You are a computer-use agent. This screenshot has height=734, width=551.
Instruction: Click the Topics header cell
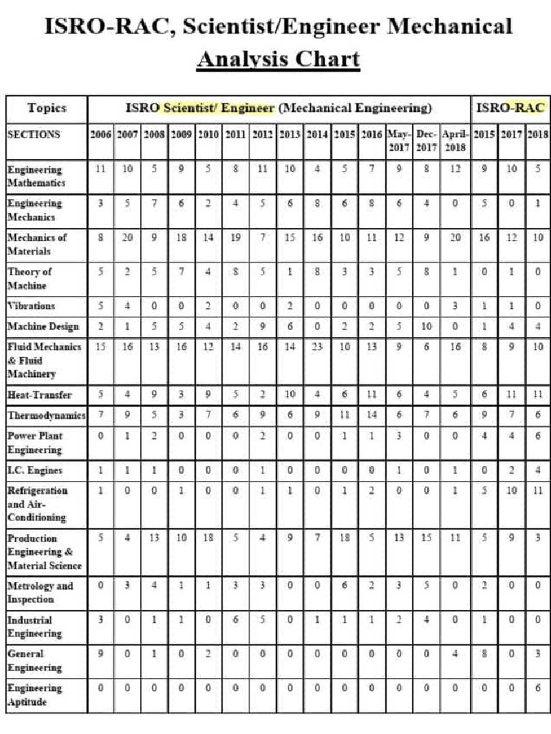(x=47, y=108)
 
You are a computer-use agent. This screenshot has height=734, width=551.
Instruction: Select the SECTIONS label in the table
(x=34, y=134)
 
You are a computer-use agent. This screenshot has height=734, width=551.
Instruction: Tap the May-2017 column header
(x=398, y=140)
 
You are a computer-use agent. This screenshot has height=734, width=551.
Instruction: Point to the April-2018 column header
(x=455, y=140)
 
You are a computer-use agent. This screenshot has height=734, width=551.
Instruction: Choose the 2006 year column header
(x=100, y=134)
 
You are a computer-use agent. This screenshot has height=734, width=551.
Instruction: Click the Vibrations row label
(x=31, y=305)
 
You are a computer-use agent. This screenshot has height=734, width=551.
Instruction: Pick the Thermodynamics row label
(x=47, y=416)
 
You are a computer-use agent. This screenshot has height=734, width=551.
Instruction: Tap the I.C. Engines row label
(x=34, y=470)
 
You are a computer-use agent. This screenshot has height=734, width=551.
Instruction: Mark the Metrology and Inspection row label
(x=40, y=592)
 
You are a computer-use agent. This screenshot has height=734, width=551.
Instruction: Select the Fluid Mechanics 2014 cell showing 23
(x=318, y=347)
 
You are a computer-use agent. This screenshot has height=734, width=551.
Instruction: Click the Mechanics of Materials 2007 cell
(x=128, y=237)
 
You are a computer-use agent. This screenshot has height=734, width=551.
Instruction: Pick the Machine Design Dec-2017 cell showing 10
(x=426, y=326)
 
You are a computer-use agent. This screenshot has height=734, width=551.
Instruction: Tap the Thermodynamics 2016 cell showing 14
(x=372, y=415)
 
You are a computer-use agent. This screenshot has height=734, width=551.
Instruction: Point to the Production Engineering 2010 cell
(x=208, y=538)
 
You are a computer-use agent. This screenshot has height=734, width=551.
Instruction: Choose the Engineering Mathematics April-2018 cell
(x=455, y=169)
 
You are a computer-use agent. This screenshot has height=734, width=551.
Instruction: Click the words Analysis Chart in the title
(x=278, y=58)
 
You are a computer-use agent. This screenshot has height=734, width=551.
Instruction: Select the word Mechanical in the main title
(x=450, y=26)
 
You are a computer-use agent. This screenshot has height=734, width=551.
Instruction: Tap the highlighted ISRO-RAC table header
(x=509, y=108)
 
